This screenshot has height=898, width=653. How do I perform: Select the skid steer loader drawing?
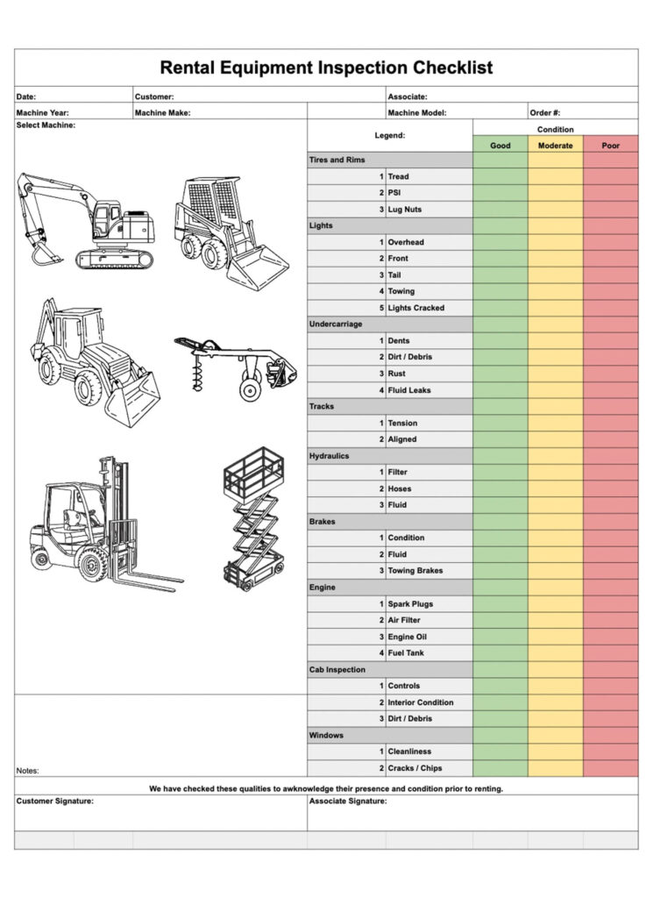click(x=229, y=232)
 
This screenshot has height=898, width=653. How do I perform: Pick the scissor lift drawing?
click(x=253, y=517)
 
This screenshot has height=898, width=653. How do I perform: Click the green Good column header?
click(x=500, y=146)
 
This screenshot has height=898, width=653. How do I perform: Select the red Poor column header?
click(x=610, y=146)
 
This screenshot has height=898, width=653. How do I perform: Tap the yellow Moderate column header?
click(x=556, y=146)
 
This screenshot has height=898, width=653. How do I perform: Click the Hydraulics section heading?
click(x=329, y=456)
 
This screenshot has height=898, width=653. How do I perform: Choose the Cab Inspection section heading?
click(x=337, y=670)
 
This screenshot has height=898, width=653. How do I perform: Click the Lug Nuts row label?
click(x=405, y=210)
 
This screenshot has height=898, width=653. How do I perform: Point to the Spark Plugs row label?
click(x=410, y=604)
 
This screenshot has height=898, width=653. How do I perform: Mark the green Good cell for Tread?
click(x=500, y=176)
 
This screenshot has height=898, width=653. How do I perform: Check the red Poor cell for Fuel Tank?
click(x=610, y=653)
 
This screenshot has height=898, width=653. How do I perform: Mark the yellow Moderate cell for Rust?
click(x=556, y=374)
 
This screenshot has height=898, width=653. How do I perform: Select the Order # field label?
click(x=544, y=112)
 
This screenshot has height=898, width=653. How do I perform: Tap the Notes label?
click(x=27, y=771)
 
